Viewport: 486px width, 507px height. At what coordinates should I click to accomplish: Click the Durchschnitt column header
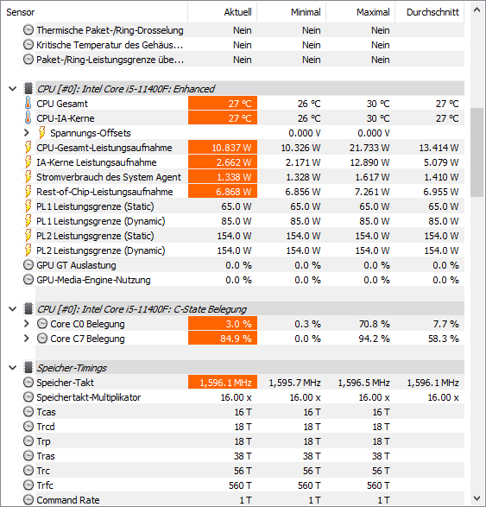click(x=432, y=12)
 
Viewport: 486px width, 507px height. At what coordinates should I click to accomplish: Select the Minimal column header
click(x=306, y=12)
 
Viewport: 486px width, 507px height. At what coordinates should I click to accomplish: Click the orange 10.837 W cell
click(x=223, y=148)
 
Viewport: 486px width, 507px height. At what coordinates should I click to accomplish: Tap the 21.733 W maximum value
click(x=369, y=148)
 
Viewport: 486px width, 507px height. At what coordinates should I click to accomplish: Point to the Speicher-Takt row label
click(x=65, y=383)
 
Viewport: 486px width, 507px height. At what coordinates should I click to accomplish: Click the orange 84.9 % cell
click(x=223, y=339)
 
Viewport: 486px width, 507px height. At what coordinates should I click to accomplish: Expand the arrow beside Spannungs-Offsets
click(x=27, y=133)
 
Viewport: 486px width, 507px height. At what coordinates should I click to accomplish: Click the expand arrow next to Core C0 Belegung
click(x=27, y=324)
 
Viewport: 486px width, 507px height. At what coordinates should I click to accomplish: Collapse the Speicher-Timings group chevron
click(x=13, y=368)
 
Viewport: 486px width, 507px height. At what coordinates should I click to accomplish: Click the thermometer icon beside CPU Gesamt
click(x=28, y=104)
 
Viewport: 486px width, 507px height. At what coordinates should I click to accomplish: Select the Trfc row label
click(x=45, y=485)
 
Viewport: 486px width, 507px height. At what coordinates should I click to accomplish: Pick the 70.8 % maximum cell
click(x=374, y=324)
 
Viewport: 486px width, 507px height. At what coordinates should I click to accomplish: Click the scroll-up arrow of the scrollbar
click(x=477, y=10)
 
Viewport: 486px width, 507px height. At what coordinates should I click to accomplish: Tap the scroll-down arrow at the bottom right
click(x=477, y=498)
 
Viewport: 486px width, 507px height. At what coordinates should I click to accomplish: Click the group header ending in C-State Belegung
click(x=142, y=309)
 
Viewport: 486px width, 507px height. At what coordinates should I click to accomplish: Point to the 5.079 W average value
click(x=441, y=162)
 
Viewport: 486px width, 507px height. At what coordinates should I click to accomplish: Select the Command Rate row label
click(x=68, y=500)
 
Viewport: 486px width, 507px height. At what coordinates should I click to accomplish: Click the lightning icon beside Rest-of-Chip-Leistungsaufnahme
click(x=28, y=192)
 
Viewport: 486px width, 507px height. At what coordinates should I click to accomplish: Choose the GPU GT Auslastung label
click(x=76, y=265)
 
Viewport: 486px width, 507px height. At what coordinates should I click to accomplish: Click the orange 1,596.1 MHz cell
click(x=223, y=383)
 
